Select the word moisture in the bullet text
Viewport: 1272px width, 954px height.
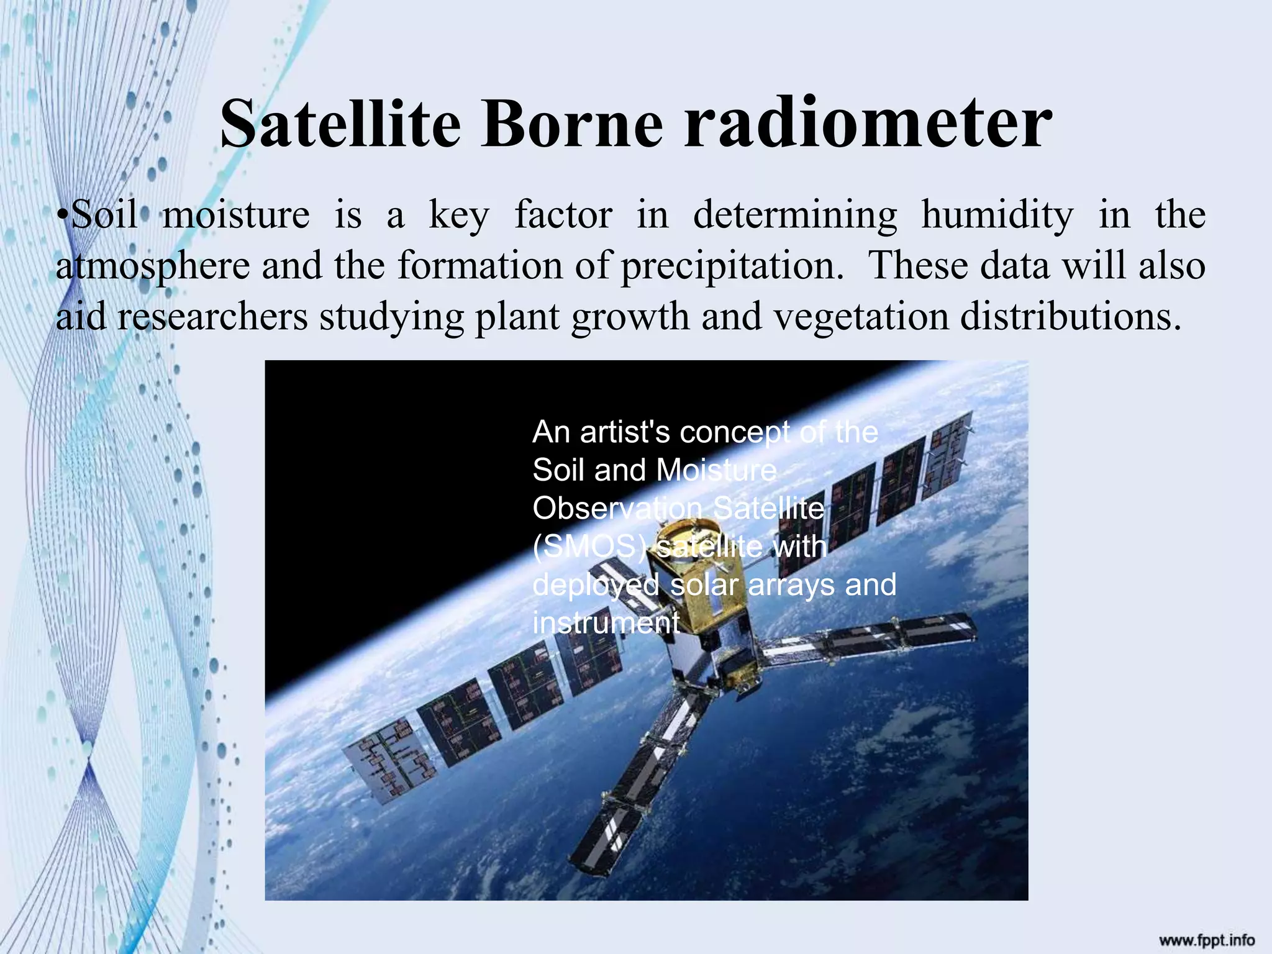point(236,215)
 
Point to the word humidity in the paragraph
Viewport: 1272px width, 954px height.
point(997,215)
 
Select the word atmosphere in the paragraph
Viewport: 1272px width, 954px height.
point(153,266)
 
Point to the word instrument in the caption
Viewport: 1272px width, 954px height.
point(606,623)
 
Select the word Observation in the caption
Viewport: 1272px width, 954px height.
point(617,509)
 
